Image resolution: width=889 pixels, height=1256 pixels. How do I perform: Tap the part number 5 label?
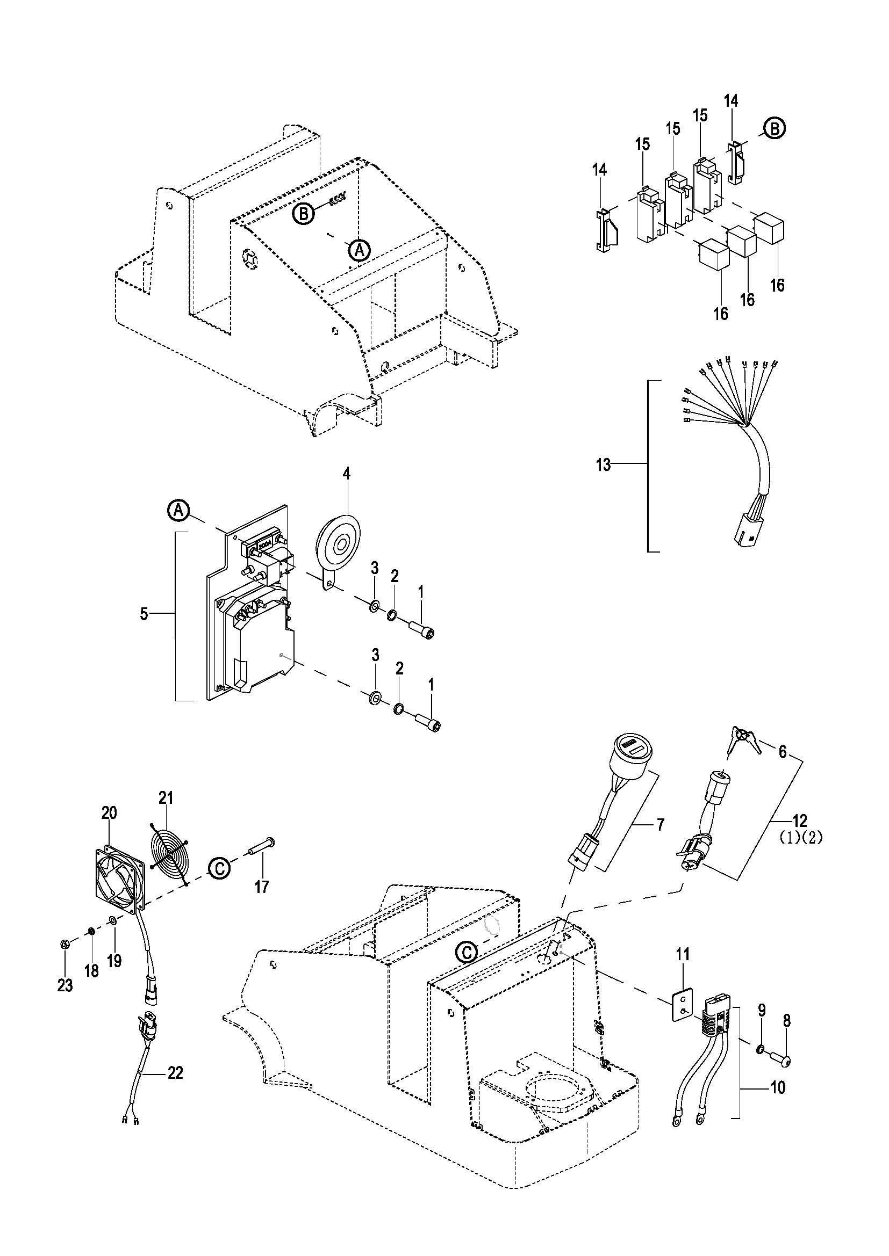tap(144, 614)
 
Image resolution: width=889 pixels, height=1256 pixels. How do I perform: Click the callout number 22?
tap(175, 1073)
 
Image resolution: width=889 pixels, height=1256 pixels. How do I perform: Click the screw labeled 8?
tap(780, 1062)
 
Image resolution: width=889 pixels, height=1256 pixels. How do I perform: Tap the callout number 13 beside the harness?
tap(603, 466)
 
